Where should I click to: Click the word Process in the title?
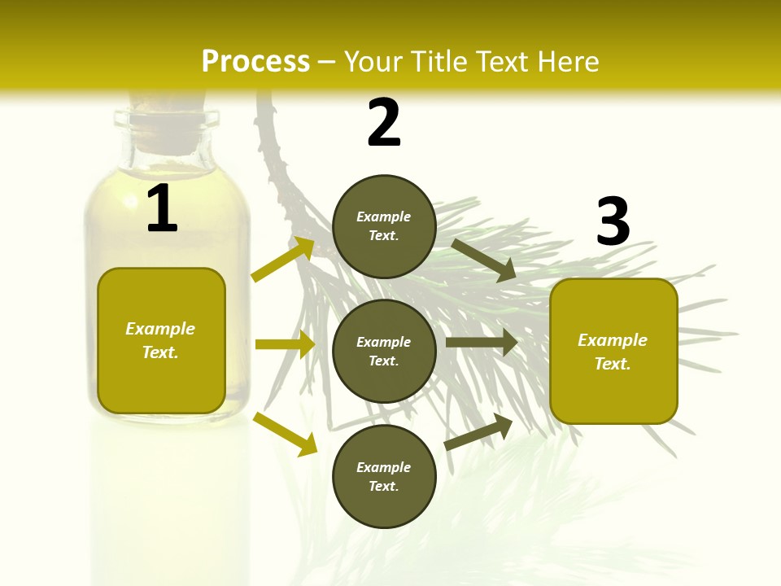(x=255, y=62)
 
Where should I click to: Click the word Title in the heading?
(x=438, y=62)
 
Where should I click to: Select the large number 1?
(x=162, y=209)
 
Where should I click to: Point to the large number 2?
(x=384, y=123)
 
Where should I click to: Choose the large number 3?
(x=613, y=222)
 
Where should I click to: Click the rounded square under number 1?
(x=161, y=340)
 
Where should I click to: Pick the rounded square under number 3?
(x=613, y=351)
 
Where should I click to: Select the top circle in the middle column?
(x=384, y=226)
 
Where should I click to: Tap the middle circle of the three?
(x=384, y=351)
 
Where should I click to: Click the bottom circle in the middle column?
(x=384, y=476)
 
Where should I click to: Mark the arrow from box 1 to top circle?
(x=283, y=259)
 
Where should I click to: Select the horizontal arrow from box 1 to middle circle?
(x=285, y=344)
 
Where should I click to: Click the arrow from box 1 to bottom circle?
(x=285, y=434)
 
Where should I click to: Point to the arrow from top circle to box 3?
(x=484, y=260)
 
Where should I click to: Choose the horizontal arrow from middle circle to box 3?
(x=482, y=343)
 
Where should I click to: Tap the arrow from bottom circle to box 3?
(x=478, y=432)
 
